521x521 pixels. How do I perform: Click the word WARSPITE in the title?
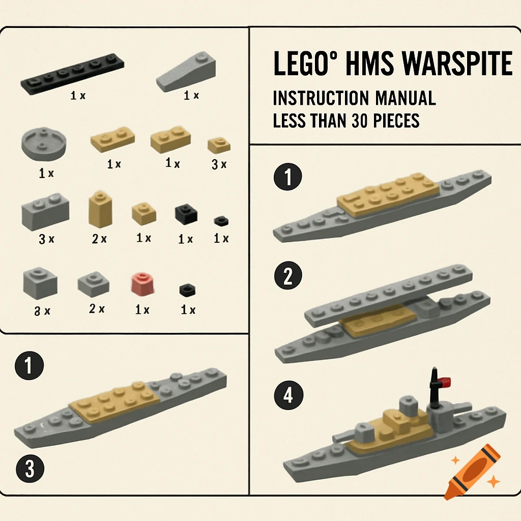(x=457, y=64)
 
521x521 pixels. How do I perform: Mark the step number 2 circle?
(x=288, y=277)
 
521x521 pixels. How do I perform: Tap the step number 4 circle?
(x=288, y=395)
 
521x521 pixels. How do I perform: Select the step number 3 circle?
(x=30, y=469)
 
